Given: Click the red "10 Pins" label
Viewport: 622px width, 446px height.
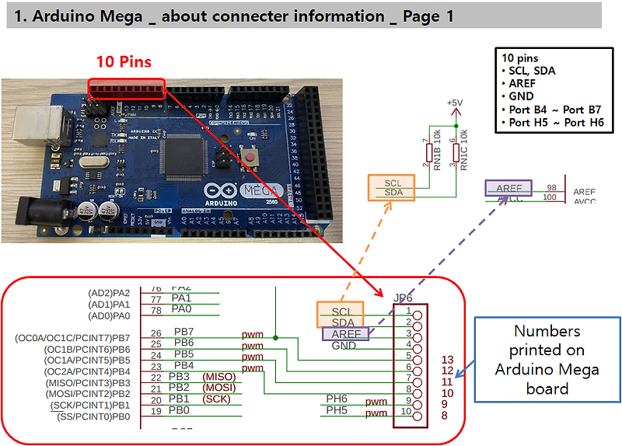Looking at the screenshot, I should pos(124,61).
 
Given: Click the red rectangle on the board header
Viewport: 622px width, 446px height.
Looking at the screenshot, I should pos(128,89).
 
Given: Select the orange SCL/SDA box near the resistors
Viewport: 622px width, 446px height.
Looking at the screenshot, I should pos(392,188).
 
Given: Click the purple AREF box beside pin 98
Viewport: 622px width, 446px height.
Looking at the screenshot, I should pos(508,188).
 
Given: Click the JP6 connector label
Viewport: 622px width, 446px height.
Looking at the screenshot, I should pos(403,298).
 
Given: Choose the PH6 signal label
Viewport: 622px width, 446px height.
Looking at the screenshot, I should pos(336,399).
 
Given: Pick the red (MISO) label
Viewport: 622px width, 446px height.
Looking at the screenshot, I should pos(218,376).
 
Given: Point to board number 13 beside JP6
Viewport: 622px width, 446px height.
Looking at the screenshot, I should pos(446,359).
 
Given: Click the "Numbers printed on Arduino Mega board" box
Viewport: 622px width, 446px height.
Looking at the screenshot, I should pos(547,359).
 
